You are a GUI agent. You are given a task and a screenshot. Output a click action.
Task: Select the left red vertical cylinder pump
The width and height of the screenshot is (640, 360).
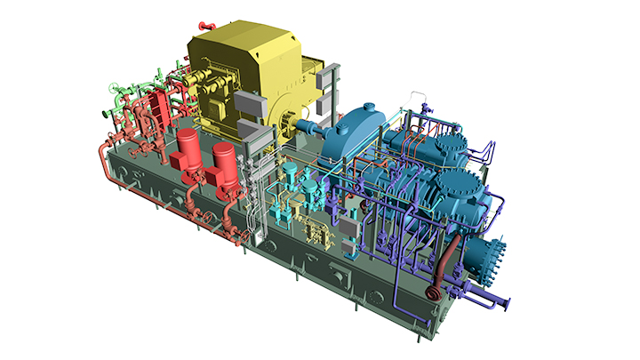188,153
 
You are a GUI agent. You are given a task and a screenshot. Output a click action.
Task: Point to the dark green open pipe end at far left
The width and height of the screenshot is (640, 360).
106,114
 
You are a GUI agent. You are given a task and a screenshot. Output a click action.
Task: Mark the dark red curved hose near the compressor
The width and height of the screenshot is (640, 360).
444,262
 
